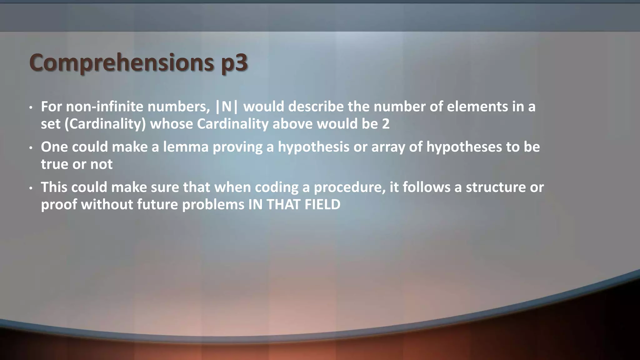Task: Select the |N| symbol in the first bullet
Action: pos(227,107)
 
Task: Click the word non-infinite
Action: pos(105,107)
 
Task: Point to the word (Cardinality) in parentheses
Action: pos(105,124)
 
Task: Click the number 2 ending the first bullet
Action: pos(386,124)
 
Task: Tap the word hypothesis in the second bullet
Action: pos(313,147)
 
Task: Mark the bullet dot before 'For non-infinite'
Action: pos(31,108)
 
